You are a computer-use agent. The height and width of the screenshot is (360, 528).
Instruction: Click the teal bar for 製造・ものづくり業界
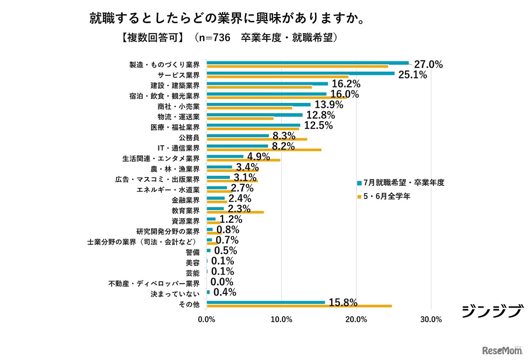(x=307, y=63)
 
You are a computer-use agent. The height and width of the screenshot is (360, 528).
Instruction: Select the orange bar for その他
(x=299, y=306)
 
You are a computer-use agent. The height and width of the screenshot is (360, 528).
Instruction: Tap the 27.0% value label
(x=428, y=64)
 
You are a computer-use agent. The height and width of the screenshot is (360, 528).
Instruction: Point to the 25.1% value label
(x=412, y=75)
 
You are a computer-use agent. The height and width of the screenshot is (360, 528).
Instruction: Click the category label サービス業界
(x=179, y=75)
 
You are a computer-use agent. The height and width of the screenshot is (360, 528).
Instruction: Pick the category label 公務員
(x=189, y=137)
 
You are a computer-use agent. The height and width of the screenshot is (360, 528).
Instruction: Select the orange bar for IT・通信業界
(x=264, y=149)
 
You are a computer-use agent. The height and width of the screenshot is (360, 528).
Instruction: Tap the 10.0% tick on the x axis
(x=281, y=319)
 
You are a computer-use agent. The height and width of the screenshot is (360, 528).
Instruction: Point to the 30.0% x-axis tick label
(x=431, y=319)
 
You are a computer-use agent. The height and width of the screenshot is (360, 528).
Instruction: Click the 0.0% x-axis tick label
(x=206, y=319)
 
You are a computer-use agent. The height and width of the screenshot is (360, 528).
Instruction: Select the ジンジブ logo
(x=493, y=311)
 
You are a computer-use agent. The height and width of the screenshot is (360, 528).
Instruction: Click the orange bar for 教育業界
(x=235, y=212)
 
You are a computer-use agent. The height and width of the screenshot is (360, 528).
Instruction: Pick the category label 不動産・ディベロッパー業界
(x=154, y=284)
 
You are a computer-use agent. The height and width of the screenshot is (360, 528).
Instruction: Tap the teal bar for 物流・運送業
(x=255, y=115)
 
